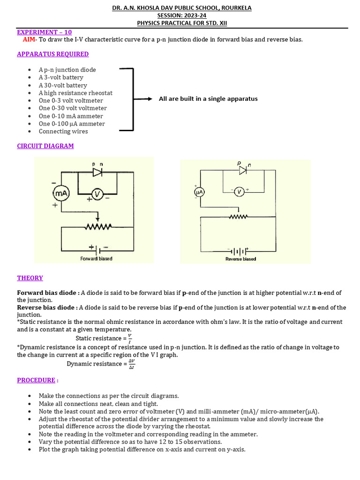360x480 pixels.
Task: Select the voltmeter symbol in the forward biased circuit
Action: click(97, 194)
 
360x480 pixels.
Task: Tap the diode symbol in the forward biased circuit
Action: click(97, 172)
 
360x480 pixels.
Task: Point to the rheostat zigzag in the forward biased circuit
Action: click(97, 227)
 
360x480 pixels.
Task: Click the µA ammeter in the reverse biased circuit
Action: click(198, 192)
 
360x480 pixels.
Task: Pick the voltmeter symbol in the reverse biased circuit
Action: click(239, 192)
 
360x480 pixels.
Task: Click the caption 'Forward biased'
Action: click(96, 259)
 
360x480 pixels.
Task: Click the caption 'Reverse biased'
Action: click(240, 259)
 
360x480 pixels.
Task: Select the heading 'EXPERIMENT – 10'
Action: click(45, 32)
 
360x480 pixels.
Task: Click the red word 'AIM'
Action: click(29, 39)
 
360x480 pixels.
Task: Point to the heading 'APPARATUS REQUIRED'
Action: click(52, 54)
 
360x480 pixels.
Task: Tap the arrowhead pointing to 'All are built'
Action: click(150, 99)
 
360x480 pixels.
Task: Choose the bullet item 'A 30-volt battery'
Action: click(63, 85)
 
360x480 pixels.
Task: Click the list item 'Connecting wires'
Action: click(63, 131)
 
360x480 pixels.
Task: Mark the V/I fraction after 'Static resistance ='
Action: click(130, 338)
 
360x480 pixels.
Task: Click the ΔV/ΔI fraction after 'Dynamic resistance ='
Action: click(132, 364)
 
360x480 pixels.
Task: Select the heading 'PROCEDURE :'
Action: click(37, 380)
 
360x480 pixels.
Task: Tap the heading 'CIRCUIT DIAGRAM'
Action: click(45, 146)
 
